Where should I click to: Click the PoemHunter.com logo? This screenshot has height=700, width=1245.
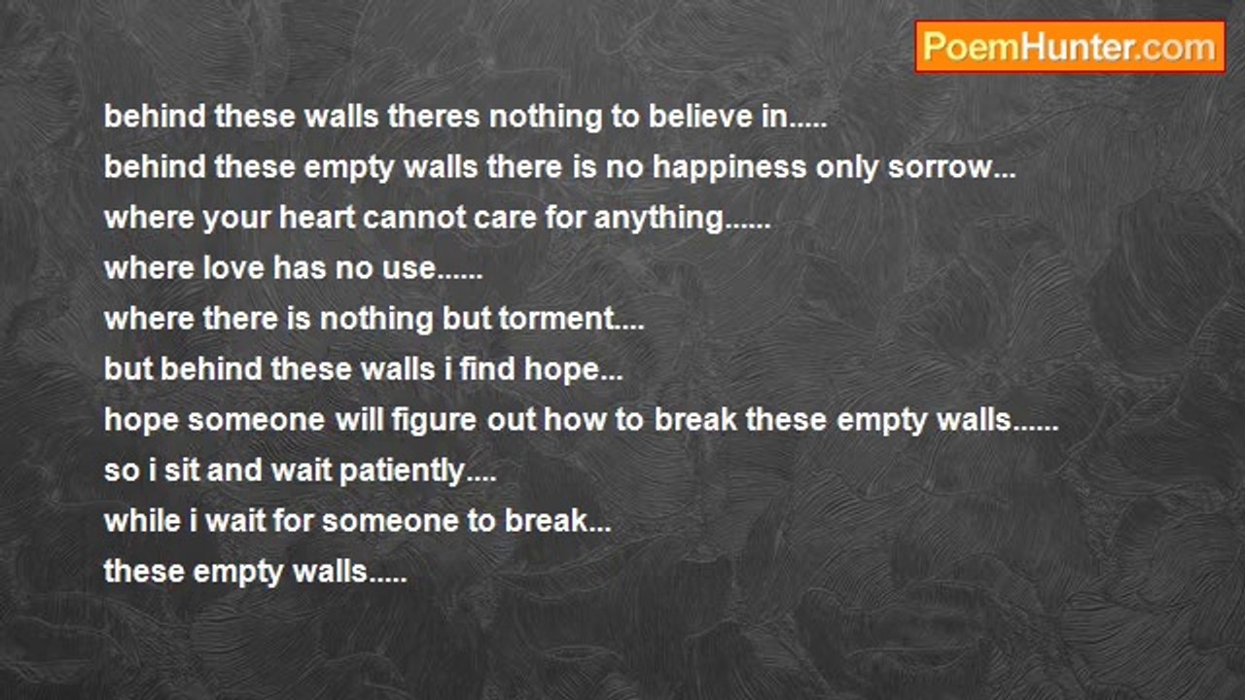click(x=1070, y=47)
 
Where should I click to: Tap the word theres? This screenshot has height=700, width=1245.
click(x=434, y=117)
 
